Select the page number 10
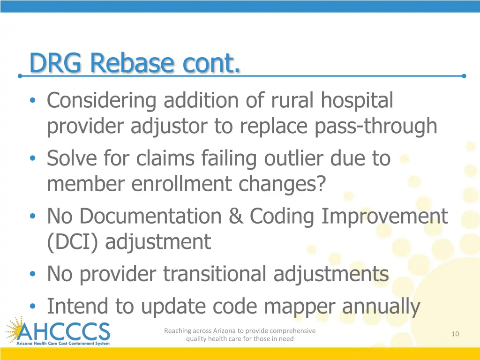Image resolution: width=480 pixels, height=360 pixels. click(x=455, y=334)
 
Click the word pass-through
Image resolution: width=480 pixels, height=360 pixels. click(x=376, y=126)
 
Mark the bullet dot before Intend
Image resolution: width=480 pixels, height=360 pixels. click(x=32, y=307)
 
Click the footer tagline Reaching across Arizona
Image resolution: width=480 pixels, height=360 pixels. click(x=240, y=335)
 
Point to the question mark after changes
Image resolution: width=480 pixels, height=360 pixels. click(x=320, y=184)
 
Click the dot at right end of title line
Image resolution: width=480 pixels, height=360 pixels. click(x=464, y=75)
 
